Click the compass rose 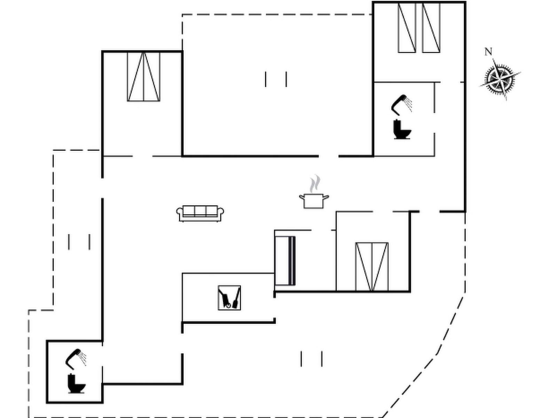point(500,79)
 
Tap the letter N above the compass point(488,52)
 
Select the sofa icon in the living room point(200,213)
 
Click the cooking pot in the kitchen point(314,201)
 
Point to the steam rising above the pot point(315,183)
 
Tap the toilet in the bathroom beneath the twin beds point(402,129)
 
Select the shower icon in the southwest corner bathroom point(76,359)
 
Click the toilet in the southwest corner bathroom point(76,384)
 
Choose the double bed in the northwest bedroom point(144,76)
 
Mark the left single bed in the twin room point(407,28)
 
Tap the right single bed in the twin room point(431,28)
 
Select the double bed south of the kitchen point(372,267)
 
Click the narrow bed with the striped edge point(285,261)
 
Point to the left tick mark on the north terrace point(266,79)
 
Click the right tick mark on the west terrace point(89,242)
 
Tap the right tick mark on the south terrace point(322,359)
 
